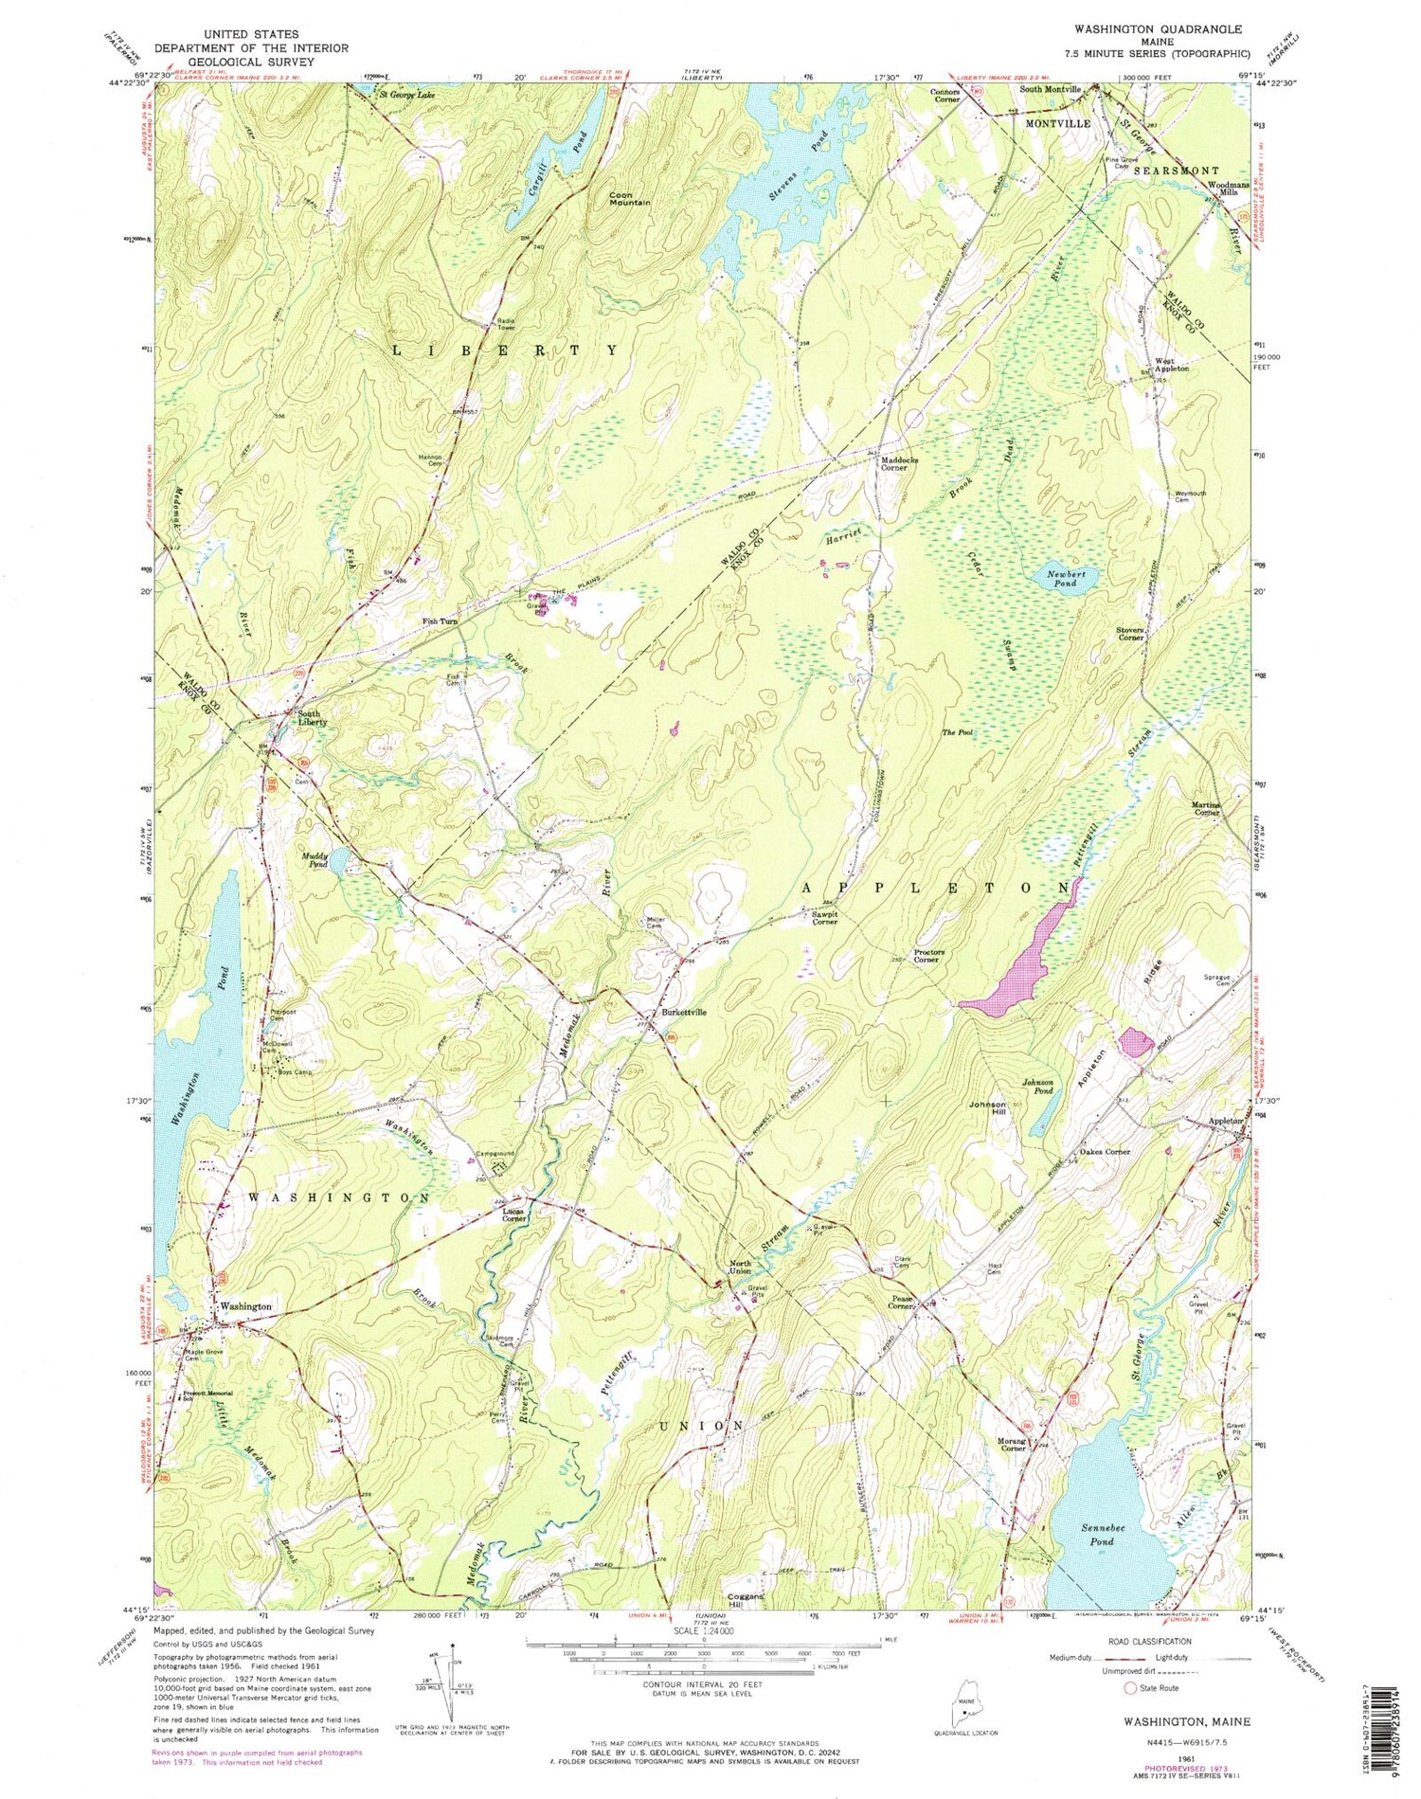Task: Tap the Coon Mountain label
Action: [629, 198]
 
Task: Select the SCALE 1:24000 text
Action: [702, 1631]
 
